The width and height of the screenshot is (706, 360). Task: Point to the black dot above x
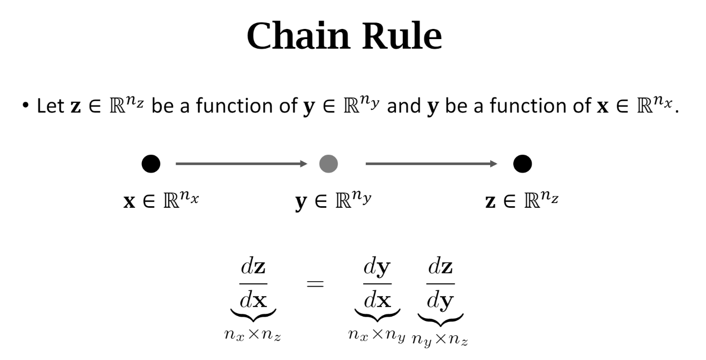[151, 164]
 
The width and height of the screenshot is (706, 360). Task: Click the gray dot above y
[328, 164]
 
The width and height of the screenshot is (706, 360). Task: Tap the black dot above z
[522, 164]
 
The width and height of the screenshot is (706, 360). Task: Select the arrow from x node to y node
[242, 164]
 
